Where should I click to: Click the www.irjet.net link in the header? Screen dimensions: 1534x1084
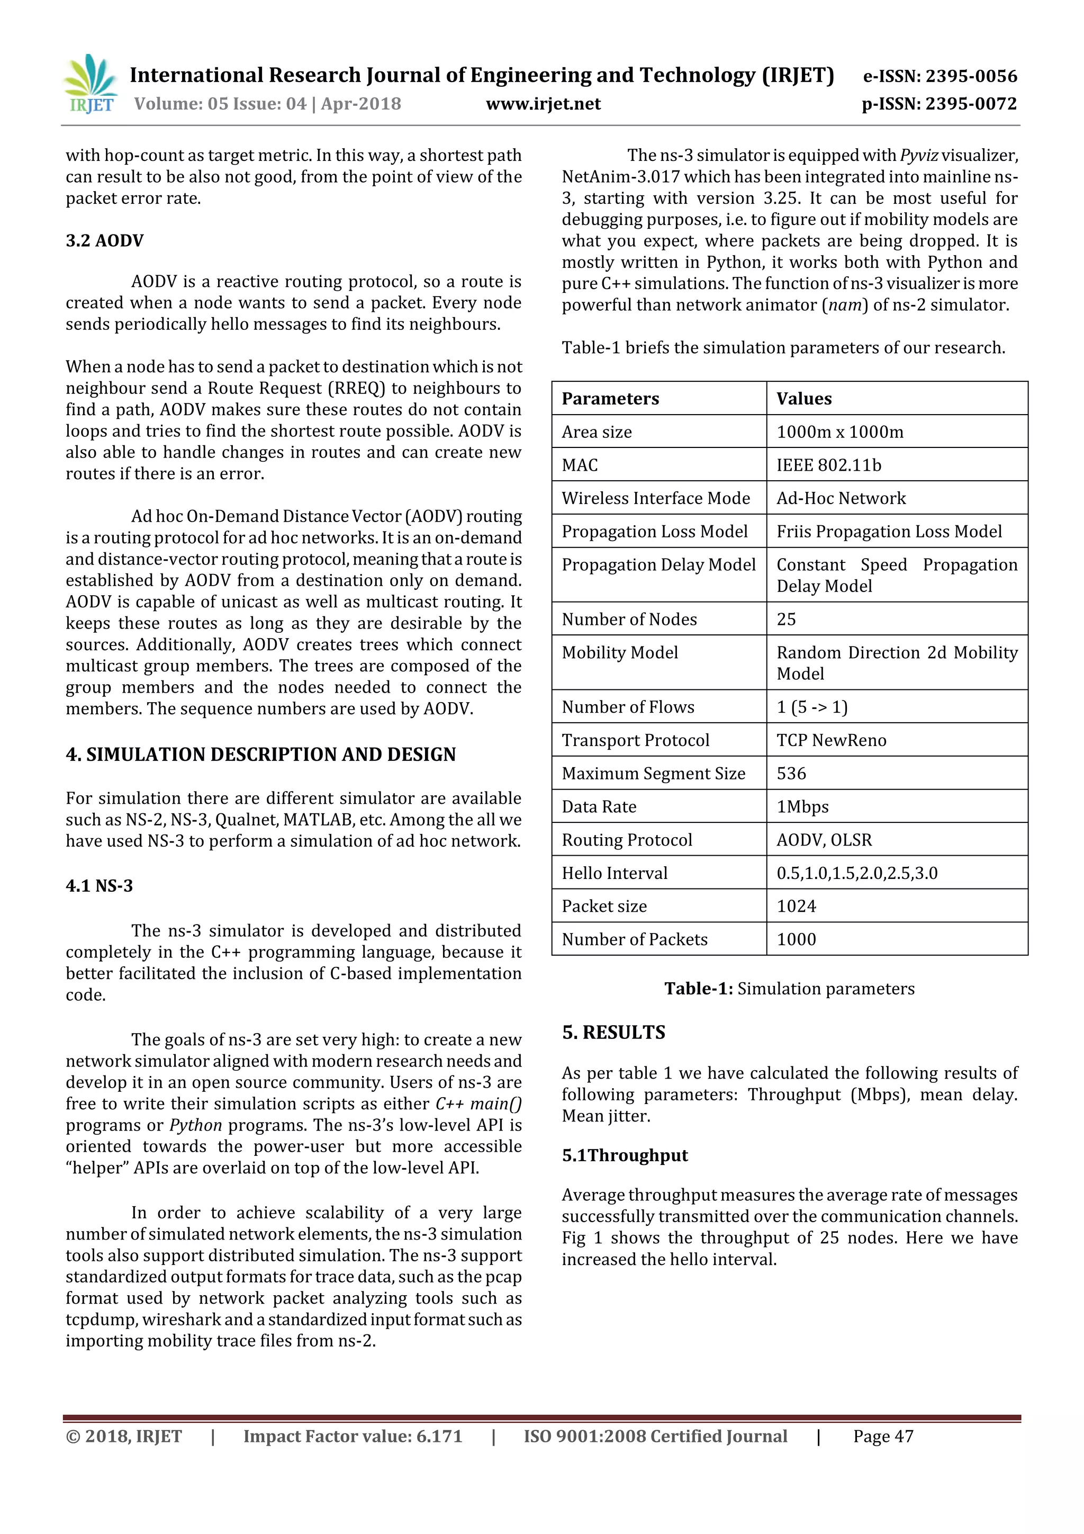point(543,104)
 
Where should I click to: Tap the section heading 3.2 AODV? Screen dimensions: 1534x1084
point(104,240)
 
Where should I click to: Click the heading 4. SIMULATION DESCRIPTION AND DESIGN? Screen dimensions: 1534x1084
point(260,755)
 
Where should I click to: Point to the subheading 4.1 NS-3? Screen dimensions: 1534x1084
point(99,886)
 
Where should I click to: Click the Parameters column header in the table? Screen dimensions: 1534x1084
point(610,399)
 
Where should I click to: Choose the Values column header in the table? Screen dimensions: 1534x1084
point(803,399)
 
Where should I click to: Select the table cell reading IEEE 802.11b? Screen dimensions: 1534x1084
point(828,465)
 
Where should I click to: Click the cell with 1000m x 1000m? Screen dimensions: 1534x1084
point(839,432)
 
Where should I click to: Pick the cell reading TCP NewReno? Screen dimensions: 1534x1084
point(831,740)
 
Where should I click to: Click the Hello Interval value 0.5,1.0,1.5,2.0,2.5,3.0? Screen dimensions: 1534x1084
point(856,873)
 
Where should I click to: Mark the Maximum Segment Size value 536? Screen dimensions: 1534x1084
point(791,774)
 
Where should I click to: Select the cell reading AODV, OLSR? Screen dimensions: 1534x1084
point(824,840)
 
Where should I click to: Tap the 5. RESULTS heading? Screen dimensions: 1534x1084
point(613,1032)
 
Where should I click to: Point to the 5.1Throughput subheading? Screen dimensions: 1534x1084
point(624,1156)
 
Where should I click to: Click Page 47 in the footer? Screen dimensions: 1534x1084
point(882,1437)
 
